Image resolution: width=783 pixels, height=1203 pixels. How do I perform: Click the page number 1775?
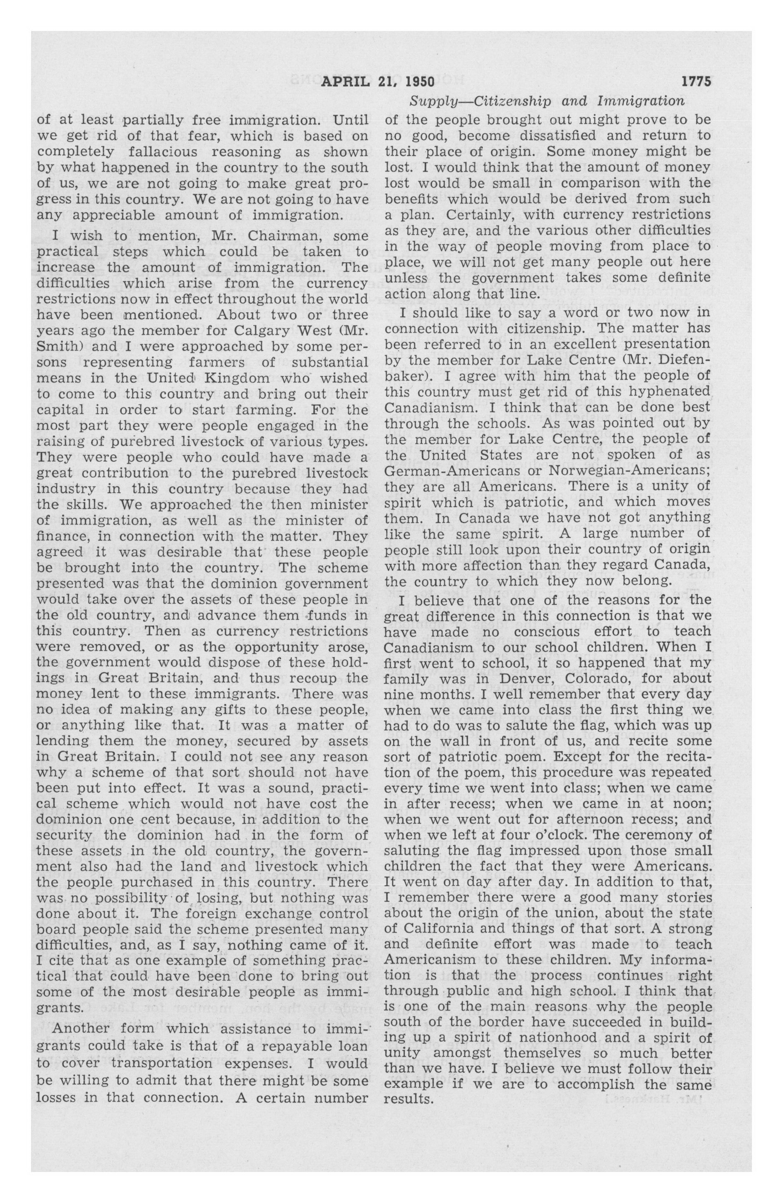(x=696, y=81)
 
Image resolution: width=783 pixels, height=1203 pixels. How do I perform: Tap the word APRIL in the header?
(x=344, y=81)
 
